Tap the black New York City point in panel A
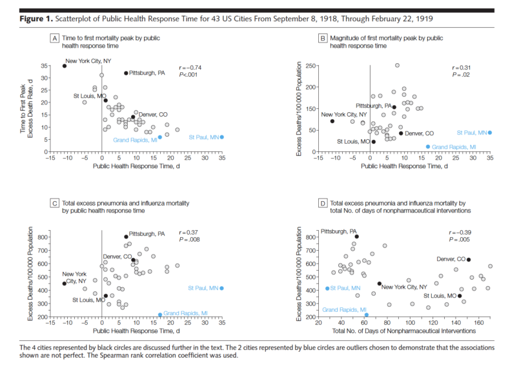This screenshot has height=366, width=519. pos(65,66)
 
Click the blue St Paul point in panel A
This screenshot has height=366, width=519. pos(221,137)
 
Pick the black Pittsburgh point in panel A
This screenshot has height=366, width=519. pos(126,73)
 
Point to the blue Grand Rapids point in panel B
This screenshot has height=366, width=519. pos(428,147)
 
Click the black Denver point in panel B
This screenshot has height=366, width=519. pos(401,133)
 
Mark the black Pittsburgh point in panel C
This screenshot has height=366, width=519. pos(126,237)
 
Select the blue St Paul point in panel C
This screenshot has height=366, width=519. pos(221,288)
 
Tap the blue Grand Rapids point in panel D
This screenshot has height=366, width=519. pos(366,315)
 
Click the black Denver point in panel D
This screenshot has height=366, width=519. pos(469,260)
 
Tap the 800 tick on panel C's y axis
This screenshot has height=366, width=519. pos(41,237)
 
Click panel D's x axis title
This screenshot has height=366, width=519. pos(408,331)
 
